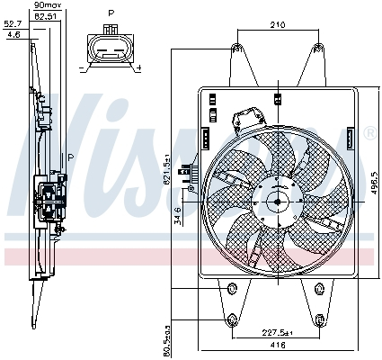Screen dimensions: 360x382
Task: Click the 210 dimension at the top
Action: coord(275,24)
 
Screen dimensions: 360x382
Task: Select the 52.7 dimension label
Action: coord(13,25)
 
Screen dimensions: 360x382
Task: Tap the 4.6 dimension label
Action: coord(13,34)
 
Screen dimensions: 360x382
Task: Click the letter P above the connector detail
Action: coord(110,13)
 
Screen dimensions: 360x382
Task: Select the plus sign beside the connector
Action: coord(138,67)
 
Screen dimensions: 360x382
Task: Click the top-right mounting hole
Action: coord(315,47)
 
